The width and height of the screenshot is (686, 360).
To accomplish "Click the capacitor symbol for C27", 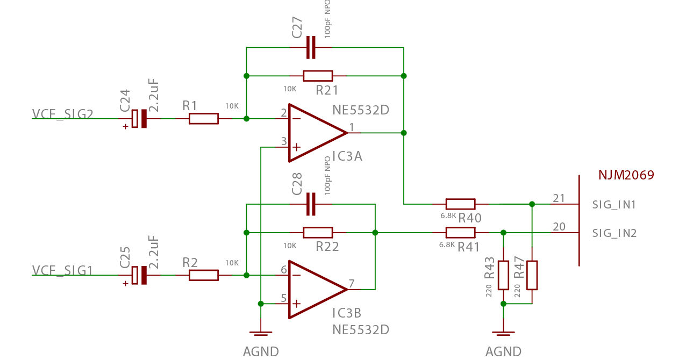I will (x=311, y=47).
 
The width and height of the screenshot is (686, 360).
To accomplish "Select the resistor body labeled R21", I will (x=318, y=76).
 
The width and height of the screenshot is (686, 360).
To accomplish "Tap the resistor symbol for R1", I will (x=204, y=119).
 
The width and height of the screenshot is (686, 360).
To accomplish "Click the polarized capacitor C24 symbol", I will (x=140, y=119).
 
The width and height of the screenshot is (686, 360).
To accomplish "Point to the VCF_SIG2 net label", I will (x=63, y=114).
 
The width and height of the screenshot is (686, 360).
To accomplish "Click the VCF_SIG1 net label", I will (x=63, y=270).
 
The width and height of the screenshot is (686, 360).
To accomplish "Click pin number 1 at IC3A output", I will (x=352, y=127).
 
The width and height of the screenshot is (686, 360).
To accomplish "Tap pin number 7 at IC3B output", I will (x=352, y=283).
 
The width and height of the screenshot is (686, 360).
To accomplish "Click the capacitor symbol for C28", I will (x=311, y=204).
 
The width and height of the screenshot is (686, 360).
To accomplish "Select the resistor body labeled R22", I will (x=318, y=233).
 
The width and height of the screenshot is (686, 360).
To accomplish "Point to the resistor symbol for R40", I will (x=461, y=204).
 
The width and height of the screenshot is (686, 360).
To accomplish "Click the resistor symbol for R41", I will (x=461, y=233).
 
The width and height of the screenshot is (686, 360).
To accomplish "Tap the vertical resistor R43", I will (x=503, y=275).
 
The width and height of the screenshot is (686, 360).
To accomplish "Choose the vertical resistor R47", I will (x=532, y=275).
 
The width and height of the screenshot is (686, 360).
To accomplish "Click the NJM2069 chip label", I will (x=626, y=175).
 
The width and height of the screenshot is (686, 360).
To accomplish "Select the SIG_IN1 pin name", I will (x=614, y=205).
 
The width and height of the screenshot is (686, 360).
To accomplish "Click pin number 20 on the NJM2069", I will (x=559, y=227).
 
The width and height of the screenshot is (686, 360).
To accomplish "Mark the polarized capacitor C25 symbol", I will (x=140, y=275).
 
